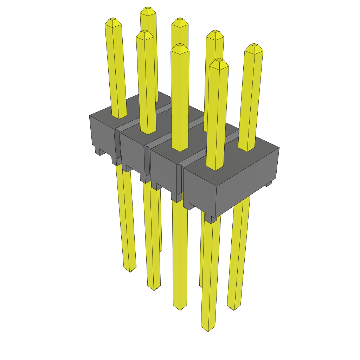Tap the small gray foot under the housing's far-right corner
pyautogui.click(x=269, y=184)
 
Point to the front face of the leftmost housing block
pyautogui.click(x=102, y=135)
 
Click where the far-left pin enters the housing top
pyautogui.click(x=119, y=116)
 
